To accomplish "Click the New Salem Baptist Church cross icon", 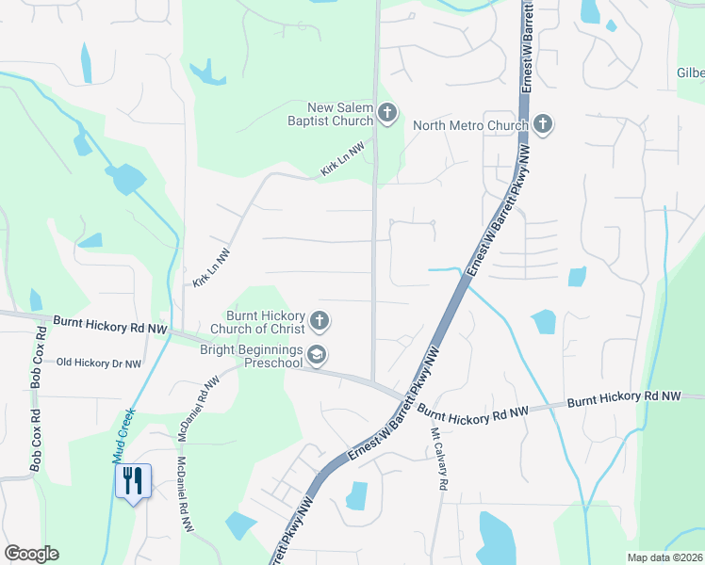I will click(x=386, y=114).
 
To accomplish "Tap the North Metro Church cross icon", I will click(x=542, y=123).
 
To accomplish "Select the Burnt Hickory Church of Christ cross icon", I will click(x=320, y=322).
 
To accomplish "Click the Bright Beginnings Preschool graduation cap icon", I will click(x=320, y=354).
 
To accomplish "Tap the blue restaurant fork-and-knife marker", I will click(x=133, y=481).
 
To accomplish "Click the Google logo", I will click(x=31, y=554).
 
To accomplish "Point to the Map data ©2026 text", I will click(x=664, y=557).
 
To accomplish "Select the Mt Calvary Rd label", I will click(x=438, y=459).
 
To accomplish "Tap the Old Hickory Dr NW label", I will click(x=99, y=363).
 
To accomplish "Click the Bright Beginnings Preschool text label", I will click(x=254, y=355).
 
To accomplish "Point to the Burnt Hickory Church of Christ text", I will click(x=264, y=322).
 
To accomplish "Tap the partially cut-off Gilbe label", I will click(x=690, y=73).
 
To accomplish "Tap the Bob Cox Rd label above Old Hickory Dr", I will click(x=40, y=359).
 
